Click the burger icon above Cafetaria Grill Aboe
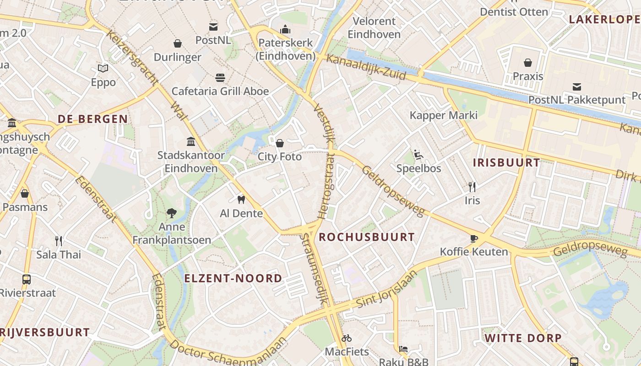220,77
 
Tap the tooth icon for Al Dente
241,199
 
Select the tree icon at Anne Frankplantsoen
172,213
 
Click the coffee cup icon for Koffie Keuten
474,238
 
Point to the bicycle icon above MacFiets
347,338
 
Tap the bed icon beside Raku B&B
403,349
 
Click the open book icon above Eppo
103,69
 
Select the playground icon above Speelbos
418,155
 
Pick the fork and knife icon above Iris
472,187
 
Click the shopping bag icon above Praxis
528,63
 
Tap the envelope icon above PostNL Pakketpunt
577,86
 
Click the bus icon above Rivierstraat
27,279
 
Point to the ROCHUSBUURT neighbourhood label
367,237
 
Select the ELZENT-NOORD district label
233,278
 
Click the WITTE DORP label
523,338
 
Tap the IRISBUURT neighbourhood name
506,162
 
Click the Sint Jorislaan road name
387,289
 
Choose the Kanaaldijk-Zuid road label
366,67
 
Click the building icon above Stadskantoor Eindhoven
191,141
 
